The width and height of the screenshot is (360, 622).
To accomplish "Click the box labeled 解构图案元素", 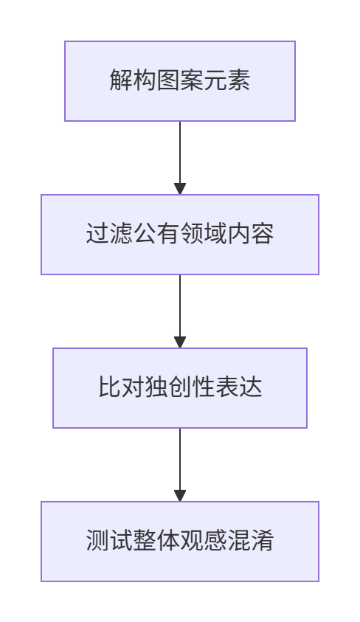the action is (x=180, y=81).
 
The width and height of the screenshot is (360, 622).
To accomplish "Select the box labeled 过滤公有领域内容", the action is (x=180, y=235).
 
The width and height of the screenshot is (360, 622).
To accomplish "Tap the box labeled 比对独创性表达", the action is (x=180, y=388).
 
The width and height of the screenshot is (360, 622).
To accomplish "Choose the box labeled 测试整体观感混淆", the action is (x=180, y=542).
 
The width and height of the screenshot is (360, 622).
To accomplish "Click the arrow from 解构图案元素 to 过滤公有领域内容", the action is (x=180, y=158).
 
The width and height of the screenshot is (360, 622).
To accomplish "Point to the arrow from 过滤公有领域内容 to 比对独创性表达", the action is (x=180, y=311).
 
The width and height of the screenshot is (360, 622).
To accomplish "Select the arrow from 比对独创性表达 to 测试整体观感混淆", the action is (x=180, y=465).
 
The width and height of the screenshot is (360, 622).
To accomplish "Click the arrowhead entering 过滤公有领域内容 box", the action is (x=180, y=189).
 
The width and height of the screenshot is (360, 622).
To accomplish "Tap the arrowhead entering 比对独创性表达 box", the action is (x=180, y=342).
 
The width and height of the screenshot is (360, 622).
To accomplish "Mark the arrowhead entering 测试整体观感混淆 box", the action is (x=180, y=496).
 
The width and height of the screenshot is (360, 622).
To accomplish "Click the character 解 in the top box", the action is (x=121, y=80).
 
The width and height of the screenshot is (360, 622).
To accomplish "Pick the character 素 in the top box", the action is (x=238, y=80).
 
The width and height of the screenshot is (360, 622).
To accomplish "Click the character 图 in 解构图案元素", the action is (x=168, y=80).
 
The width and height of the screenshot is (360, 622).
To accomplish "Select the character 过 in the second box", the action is (x=97, y=233).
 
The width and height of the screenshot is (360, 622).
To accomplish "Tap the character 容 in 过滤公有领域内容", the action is (x=262, y=233).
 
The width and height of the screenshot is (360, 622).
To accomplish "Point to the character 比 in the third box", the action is (x=109, y=387).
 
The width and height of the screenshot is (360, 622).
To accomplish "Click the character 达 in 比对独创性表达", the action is (x=251, y=387).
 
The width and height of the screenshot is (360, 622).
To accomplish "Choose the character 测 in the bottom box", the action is (x=97, y=540).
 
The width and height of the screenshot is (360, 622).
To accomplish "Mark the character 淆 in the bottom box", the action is (x=262, y=540).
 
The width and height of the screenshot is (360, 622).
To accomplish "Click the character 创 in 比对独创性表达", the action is (x=180, y=387).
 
